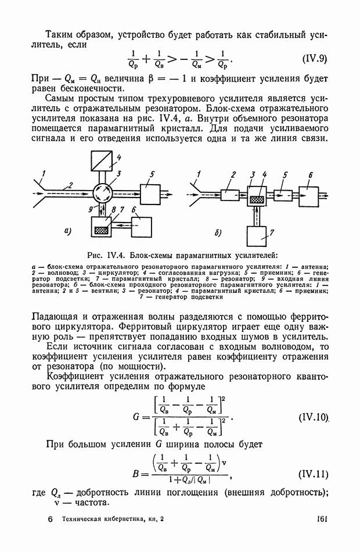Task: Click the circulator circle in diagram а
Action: (x=102, y=191)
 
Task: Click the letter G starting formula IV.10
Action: (x=137, y=417)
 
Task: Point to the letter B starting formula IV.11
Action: (x=136, y=474)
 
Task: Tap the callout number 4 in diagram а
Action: (x=118, y=157)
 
